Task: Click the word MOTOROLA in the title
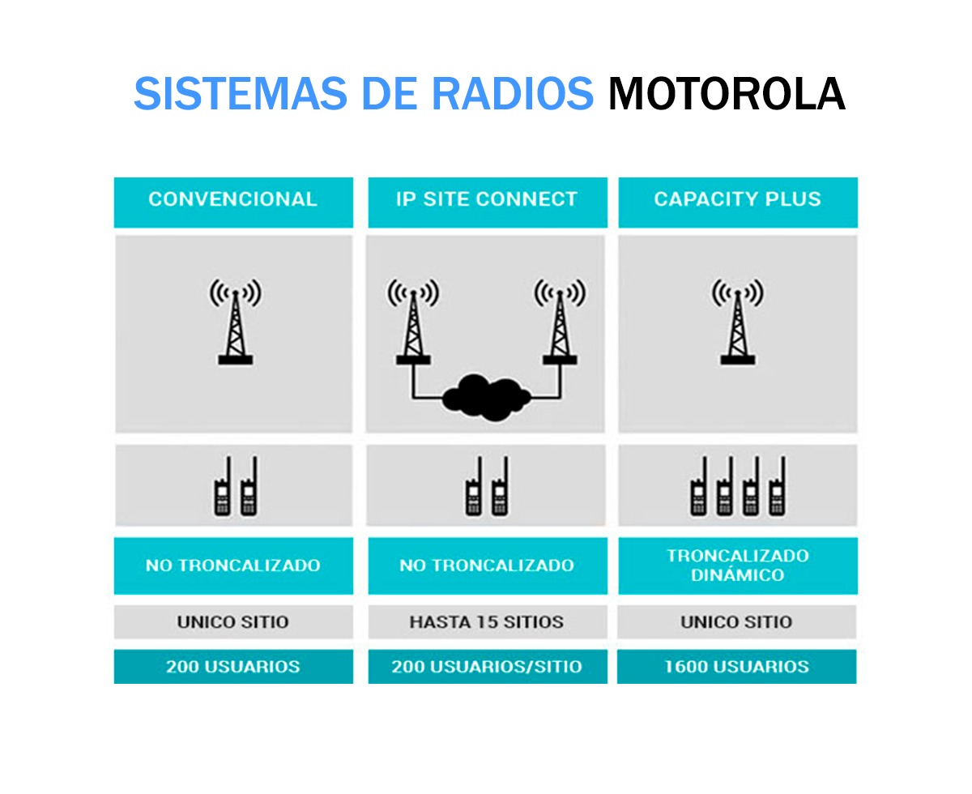727,95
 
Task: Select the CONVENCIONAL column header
233,200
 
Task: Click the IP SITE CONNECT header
487,200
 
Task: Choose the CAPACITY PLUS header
737,200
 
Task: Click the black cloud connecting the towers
487,397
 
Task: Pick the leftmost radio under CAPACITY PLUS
698,487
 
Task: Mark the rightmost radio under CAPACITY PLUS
777,487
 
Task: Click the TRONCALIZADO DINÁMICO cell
737,566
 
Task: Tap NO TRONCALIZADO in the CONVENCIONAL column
233,566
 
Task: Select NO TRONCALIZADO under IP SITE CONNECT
487,566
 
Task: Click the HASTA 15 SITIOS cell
487,622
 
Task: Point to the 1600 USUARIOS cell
737,667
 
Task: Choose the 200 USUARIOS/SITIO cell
487,667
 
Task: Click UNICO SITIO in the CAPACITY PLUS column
737,622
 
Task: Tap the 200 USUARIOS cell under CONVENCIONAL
233,667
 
